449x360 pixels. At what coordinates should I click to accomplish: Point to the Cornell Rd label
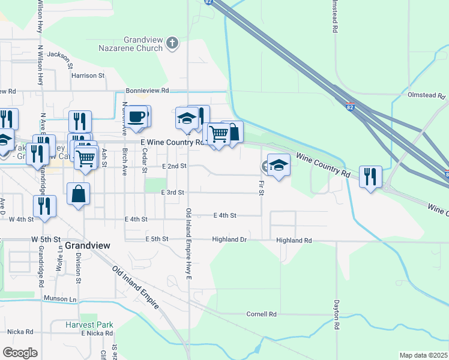262,314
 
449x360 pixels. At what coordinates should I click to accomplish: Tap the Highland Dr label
229,240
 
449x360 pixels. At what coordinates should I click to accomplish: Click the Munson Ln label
60,298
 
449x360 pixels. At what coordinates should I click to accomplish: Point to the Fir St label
261,187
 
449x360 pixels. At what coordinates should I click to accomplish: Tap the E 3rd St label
172,192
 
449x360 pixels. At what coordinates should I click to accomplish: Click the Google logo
20,352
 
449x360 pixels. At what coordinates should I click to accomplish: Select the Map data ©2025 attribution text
423,355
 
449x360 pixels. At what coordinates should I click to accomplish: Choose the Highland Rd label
294,240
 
